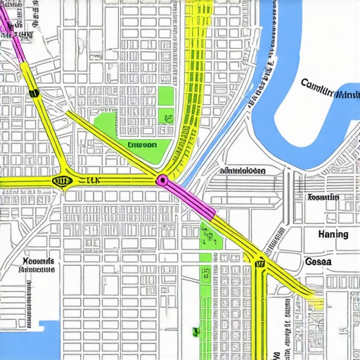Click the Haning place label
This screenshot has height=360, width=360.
click(333, 233)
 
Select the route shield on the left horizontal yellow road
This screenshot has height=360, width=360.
click(63, 181)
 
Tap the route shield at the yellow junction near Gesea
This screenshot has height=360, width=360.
click(259, 263)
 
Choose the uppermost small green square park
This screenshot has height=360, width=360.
click(166, 96)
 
